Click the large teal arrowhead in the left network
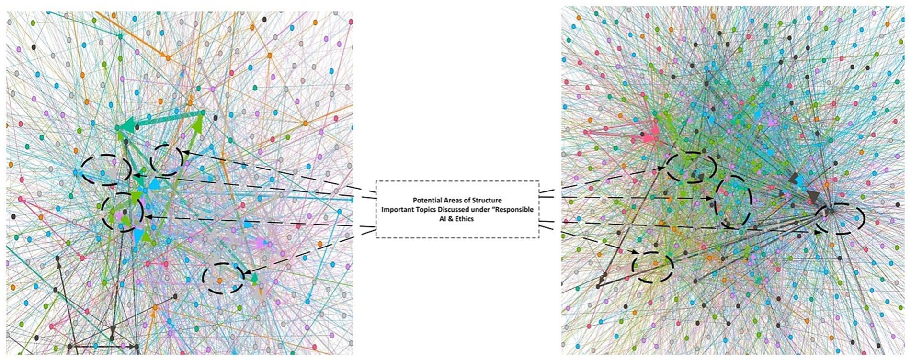pos(126,126)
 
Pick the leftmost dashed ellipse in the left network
pos(106,169)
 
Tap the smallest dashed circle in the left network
pos(167,160)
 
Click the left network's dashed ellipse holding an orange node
pos(223,278)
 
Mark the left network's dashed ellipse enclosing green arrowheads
pos(123,212)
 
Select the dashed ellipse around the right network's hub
pos(840,218)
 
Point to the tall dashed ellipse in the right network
pos(732,201)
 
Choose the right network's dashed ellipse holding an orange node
pos(653,266)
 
